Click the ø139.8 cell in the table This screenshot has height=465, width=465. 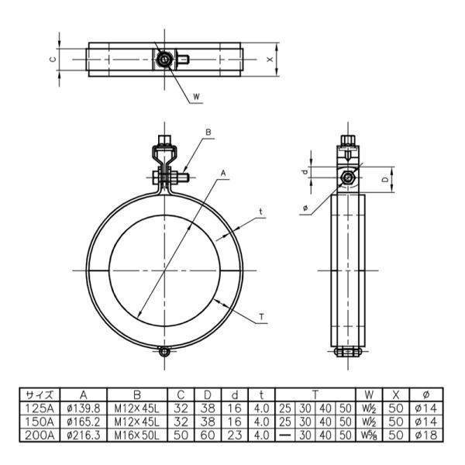84,408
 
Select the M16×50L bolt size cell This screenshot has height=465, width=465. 137,435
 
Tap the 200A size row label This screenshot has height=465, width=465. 40,435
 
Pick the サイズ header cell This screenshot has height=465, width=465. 40,395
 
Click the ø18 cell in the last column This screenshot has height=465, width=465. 425,435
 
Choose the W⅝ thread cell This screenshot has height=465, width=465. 369,436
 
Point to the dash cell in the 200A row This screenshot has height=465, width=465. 285,435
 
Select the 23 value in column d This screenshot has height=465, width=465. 234,435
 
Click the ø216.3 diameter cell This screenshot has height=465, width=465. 84,435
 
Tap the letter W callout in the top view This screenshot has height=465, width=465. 196,96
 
